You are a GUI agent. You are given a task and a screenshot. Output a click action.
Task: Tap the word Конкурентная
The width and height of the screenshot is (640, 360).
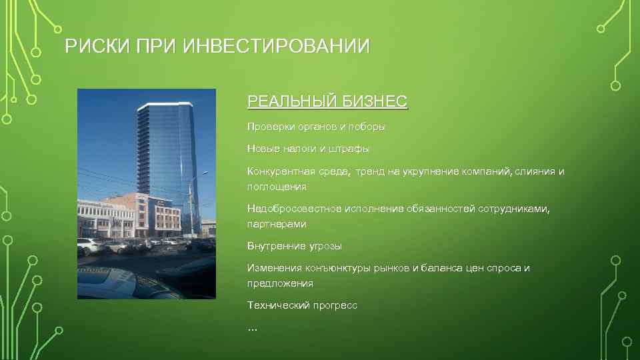(x=279, y=171)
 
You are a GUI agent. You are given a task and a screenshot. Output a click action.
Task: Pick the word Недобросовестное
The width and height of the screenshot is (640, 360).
(x=291, y=209)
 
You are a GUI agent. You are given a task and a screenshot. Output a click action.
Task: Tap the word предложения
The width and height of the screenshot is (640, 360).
(x=280, y=283)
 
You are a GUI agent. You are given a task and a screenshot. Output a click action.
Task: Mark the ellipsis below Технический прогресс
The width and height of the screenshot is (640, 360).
(x=253, y=328)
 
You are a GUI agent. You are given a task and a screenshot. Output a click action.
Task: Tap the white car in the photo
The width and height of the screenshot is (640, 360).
(x=90, y=245)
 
